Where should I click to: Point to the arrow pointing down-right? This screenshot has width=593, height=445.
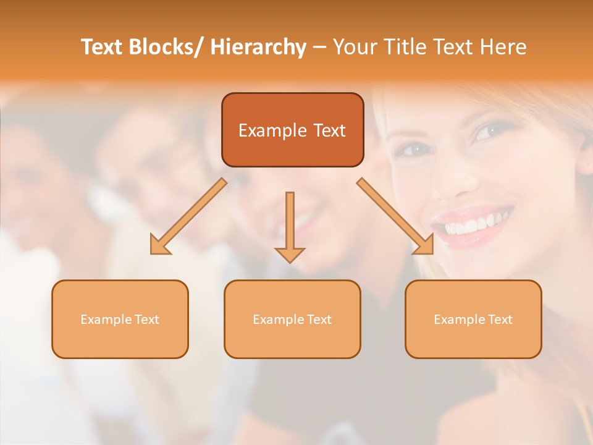[x=395, y=216]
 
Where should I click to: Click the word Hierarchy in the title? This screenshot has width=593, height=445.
[x=258, y=47]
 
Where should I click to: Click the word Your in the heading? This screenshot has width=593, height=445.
[x=354, y=47]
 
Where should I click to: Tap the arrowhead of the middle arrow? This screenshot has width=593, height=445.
[x=290, y=255]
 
